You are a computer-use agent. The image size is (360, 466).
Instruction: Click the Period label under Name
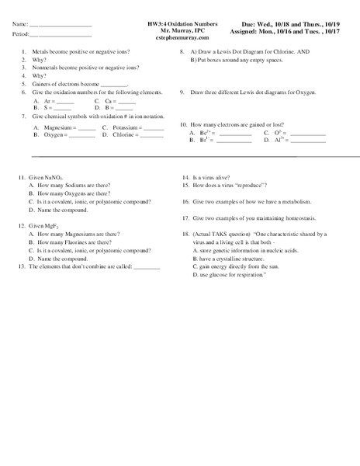coord(21,35)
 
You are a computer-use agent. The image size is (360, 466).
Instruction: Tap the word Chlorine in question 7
coord(124,134)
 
